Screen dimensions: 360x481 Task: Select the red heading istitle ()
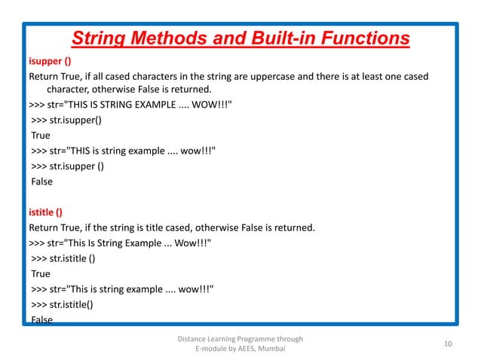pos(45,212)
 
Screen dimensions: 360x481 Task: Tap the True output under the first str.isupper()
pos(41,136)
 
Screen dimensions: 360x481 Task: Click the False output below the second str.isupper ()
pos(42,182)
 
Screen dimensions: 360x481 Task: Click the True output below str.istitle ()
pos(41,274)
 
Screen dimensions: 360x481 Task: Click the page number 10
pos(448,344)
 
